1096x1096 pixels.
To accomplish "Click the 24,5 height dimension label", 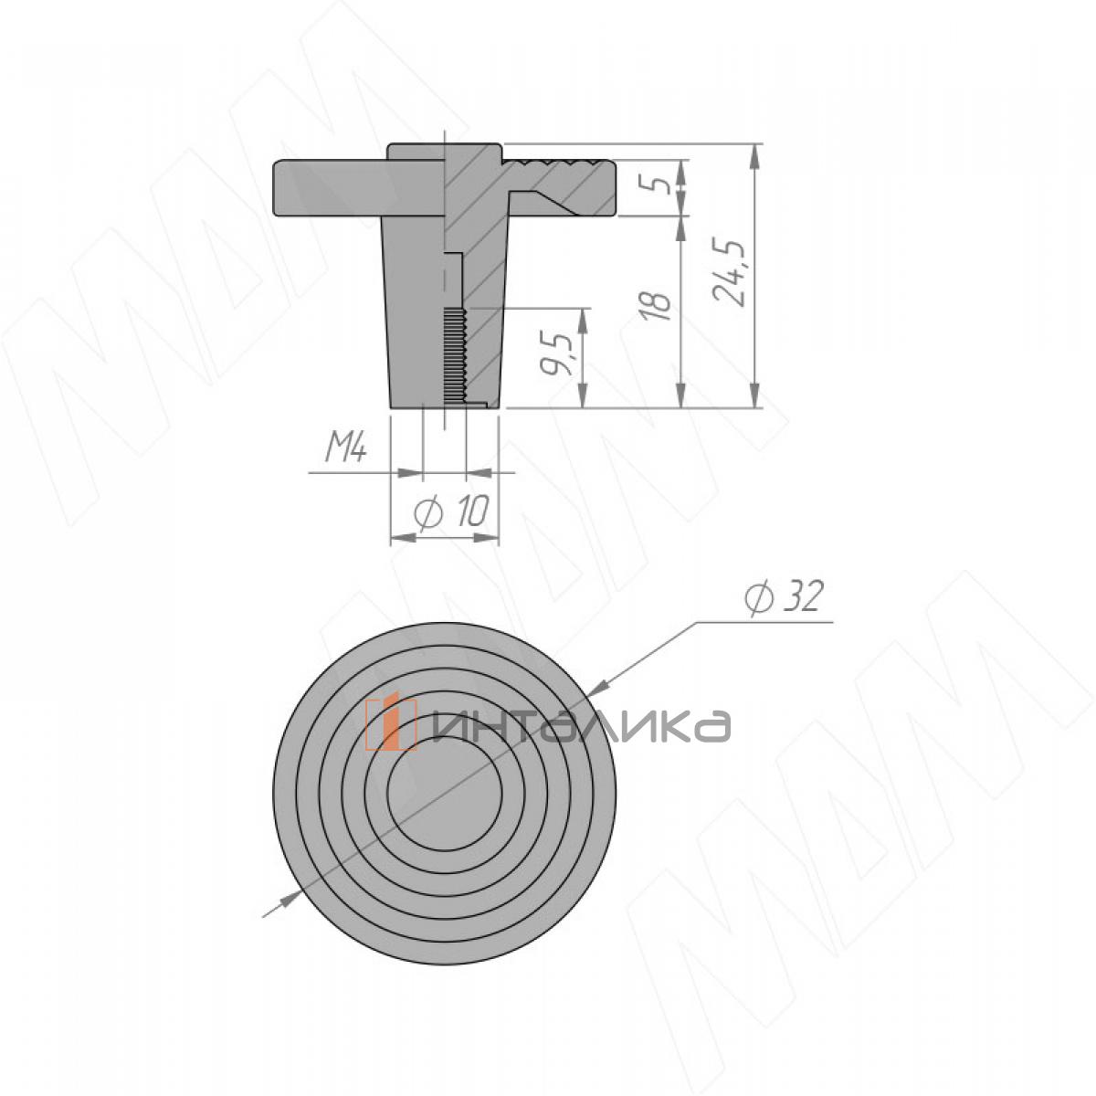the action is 731,274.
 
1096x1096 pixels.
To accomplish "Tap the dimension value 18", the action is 660,307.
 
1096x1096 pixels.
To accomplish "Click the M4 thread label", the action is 346,449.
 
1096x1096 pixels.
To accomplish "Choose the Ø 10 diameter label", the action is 451,511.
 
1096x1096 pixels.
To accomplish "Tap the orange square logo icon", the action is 391,723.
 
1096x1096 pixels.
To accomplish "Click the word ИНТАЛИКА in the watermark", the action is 581,726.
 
